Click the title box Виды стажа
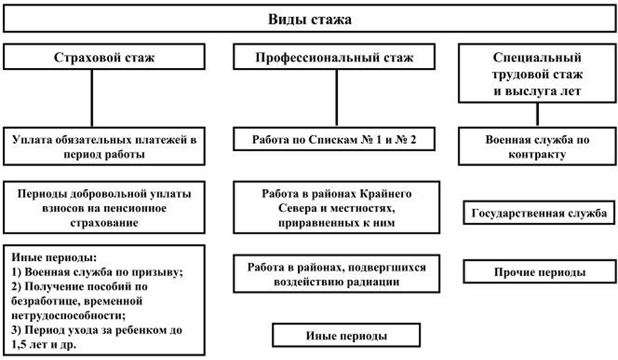309,18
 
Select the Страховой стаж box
104,57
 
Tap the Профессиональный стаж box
334,57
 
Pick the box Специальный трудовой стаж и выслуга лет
537,74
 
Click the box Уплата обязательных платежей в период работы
104,146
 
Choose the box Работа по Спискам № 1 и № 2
334,139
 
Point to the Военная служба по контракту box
537,146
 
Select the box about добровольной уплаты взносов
104,208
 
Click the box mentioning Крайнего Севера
336,208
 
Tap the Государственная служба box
539,213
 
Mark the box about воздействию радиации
336,274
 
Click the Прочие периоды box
539,272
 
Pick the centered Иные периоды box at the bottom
346,335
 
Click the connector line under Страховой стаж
92,98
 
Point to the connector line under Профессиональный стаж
336,98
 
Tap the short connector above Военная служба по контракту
537,115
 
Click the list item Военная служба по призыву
97,272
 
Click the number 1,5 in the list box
18,345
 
